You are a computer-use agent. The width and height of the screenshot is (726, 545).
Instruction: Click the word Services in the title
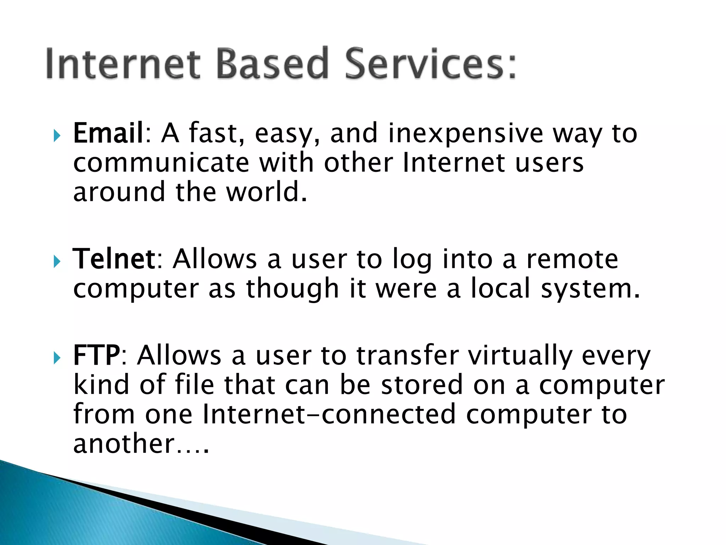click(x=430, y=64)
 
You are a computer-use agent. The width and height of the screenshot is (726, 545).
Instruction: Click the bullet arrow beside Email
click(x=57, y=135)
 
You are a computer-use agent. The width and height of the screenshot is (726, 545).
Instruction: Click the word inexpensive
click(x=465, y=134)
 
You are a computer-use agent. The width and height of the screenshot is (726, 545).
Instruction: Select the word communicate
click(x=161, y=163)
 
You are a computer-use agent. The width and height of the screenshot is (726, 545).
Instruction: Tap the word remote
click(x=572, y=259)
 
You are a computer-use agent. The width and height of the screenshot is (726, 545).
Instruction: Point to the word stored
click(x=422, y=385)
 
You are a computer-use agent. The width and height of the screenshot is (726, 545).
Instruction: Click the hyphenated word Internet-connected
click(x=329, y=414)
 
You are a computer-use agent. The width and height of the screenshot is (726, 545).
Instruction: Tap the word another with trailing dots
click(x=141, y=444)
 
